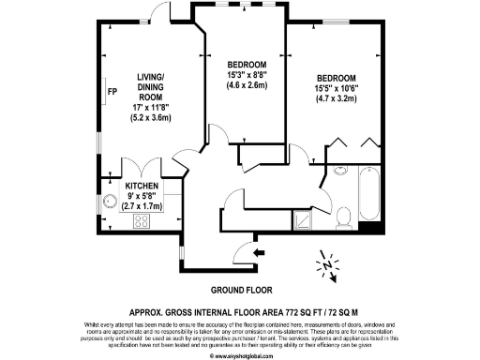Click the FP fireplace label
point(111,92)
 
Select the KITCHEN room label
point(141,187)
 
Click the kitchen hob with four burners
point(143,221)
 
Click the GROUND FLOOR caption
point(239,290)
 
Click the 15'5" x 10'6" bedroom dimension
point(335,88)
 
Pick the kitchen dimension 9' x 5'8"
point(141,197)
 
